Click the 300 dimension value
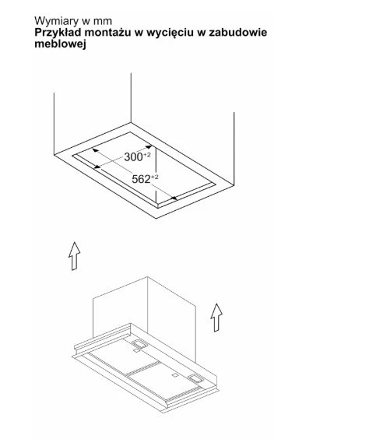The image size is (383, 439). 134,157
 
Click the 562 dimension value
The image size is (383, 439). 141,180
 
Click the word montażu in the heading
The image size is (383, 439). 107,33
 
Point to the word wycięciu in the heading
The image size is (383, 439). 170,33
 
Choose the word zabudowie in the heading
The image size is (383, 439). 238,33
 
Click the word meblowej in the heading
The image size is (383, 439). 60,44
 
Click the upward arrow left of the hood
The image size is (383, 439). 74,256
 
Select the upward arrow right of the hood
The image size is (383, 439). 216,318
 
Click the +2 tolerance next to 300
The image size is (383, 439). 147,155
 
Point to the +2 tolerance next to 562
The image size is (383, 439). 155,177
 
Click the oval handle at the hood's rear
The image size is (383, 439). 139,343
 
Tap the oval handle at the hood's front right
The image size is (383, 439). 196,378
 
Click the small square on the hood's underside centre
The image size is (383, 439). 175,375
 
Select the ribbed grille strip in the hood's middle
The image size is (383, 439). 143,368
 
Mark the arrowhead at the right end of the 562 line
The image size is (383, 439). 174,198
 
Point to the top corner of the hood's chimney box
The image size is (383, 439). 147,277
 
